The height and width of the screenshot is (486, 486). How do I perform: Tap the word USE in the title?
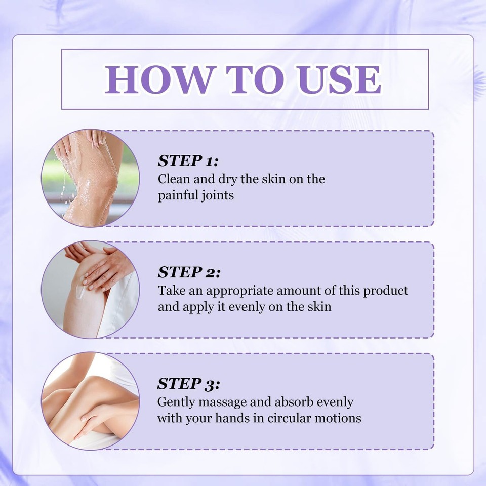(x=339, y=79)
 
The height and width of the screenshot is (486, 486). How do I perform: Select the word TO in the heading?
(x=256, y=79)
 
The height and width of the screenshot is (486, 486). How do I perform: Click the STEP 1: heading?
(x=188, y=161)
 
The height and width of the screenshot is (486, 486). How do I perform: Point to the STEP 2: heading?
(x=189, y=272)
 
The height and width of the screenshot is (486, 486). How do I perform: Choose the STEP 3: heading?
(x=188, y=384)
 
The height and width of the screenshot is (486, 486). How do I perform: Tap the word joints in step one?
(x=218, y=195)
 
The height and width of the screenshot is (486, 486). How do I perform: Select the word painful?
(x=179, y=195)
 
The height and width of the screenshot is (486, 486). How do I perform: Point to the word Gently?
(x=175, y=402)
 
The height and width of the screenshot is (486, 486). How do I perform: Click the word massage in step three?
(x=221, y=402)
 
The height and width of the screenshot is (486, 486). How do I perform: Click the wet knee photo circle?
(x=90, y=178)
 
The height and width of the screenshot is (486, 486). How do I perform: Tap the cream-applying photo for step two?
(x=90, y=289)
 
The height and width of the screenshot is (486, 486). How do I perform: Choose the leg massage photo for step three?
(x=90, y=400)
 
